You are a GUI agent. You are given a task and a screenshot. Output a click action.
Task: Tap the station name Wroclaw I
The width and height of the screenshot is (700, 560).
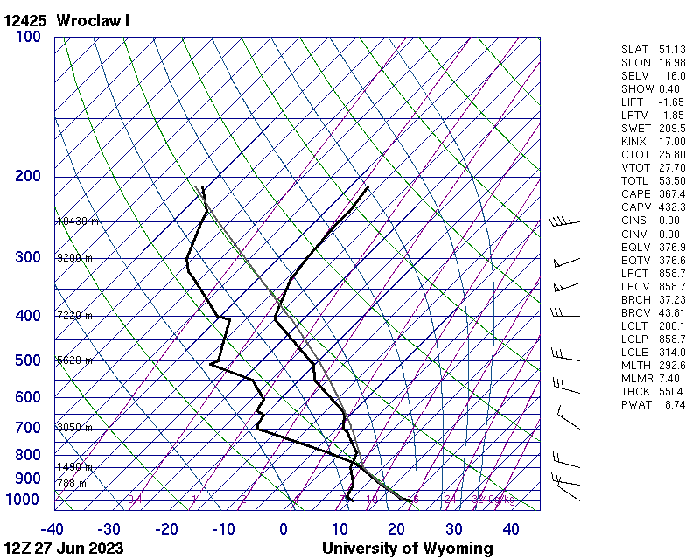coord(93,19)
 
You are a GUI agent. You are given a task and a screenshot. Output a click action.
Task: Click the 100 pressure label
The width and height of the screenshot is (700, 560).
coord(28,37)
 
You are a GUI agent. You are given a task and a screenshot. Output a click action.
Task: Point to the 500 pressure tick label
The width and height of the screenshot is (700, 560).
coord(28,360)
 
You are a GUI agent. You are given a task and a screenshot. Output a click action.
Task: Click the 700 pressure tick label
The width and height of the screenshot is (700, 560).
coord(28,428)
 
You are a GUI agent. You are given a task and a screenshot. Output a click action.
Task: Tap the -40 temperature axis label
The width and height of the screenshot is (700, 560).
coord(52,529)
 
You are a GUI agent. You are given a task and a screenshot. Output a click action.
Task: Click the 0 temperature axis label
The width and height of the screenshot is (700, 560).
coord(283,529)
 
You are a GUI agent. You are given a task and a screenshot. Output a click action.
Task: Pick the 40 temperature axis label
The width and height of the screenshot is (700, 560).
coord(511,529)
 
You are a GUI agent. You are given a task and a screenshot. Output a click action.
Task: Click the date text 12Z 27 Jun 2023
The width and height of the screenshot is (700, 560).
coord(63,549)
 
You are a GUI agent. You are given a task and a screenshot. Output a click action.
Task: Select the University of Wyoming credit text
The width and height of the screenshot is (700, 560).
coord(408,549)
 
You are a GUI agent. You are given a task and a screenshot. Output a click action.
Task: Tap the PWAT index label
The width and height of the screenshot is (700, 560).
coord(635,404)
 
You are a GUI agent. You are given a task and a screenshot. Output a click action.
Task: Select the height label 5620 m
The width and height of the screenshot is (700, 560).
coord(74,360)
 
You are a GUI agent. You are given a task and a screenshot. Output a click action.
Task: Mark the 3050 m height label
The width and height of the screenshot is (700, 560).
coord(74,428)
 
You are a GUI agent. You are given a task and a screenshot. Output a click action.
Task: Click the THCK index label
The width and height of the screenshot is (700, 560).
coord(635,391)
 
